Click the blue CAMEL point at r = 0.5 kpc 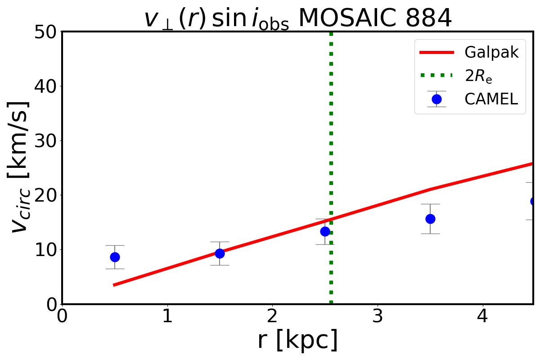(x=115, y=257)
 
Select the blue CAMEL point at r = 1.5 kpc (x=220, y=253)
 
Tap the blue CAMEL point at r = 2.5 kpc (x=325, y=231)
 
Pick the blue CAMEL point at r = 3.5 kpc (x=430, y=219)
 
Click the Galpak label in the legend (x=491, y=53)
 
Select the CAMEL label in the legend (x=491, y=99)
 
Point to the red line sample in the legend (x=436, y=53)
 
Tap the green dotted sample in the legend (x=436, y=75)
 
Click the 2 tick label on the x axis (x=272, y=316)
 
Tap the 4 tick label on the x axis (x=482, y=316)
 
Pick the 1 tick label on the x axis (x=167, y=316)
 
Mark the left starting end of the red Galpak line (x=114, y=285)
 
